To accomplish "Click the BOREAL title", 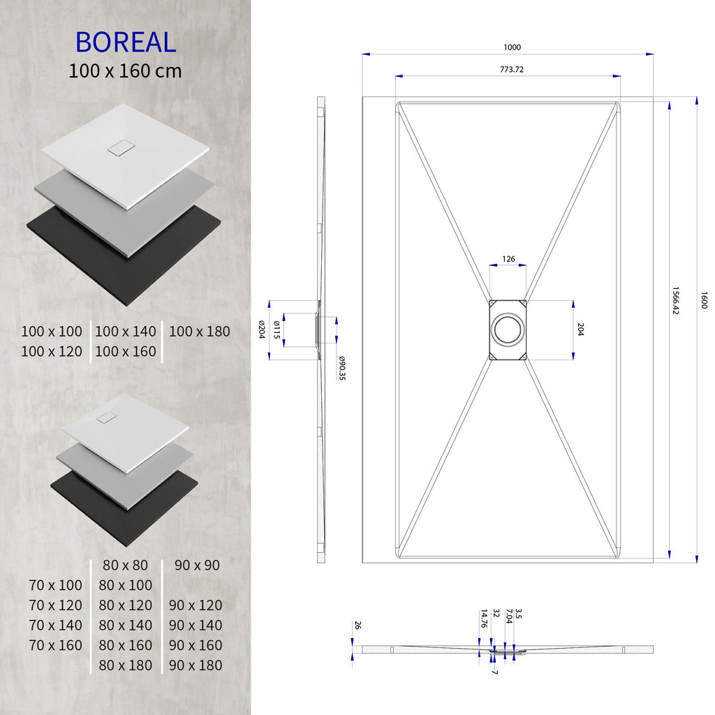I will (126, 42).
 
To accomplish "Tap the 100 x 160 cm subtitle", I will (126, 71).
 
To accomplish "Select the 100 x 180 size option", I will (199, 332).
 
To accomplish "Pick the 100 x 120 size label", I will (52, 351).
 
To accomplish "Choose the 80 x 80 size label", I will (125, 565).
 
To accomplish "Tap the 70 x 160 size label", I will (56, 645).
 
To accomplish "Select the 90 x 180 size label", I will (196, 665).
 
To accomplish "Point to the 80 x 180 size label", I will (126, 665).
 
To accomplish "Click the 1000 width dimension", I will (512, 47).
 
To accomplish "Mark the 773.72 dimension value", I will (512, 69).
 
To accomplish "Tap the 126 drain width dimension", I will (508, 259).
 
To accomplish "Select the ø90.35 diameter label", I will (343, 368).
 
